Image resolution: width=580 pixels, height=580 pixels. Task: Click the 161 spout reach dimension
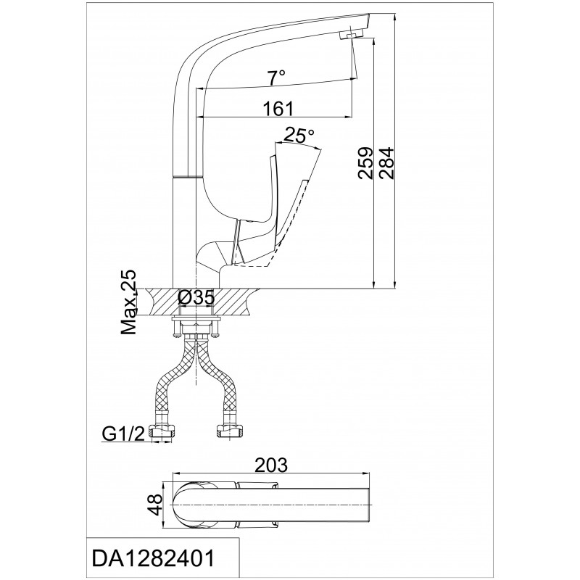pyautogui.click(x=278, y=108)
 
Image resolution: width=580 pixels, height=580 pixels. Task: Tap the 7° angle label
pyautogui.click(x=276, y=78)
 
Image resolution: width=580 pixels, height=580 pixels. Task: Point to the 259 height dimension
pyautogui.click(x=366, y=163)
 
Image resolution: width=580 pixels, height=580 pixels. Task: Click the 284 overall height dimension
pyautogui.click(x=387, y=163)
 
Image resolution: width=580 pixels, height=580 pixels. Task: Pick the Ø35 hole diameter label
pyautogui.click(x=196, y=297)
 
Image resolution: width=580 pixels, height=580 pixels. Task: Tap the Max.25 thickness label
pyautogui.click(x=129, y=302)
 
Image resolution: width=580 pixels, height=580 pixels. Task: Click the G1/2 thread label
pyautogui.click(x=123, y=434)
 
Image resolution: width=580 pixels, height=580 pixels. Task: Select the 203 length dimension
pyautogui.click(x=272, y=465)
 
